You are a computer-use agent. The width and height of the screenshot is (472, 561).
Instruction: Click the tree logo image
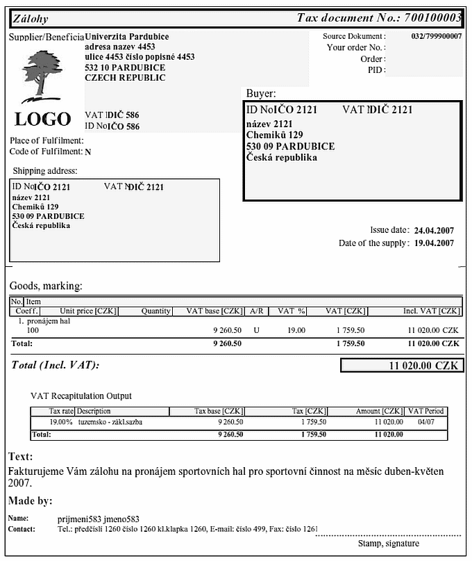pyautogui.click(x=42, y=76)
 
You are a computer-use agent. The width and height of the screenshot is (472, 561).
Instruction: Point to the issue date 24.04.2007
pyautogui.click(x=434, y=230)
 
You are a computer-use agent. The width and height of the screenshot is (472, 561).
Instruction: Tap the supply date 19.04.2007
pyautogui.click(x=434, y=243)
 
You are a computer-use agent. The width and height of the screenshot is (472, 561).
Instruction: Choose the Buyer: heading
pyautogui.click(x=261, y=93)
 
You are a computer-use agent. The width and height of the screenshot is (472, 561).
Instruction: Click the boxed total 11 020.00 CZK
pyautogui.click(x=402, y=365)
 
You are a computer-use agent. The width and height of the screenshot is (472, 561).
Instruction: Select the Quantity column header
pyautogui.click(x=155, y=311)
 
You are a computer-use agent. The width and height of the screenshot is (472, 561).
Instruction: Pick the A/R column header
pyautogui.click(x=256, y=311)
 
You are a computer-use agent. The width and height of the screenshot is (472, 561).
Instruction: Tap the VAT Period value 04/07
pyautogui.click(x=426, y=422)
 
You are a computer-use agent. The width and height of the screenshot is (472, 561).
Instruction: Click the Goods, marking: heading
pyautogui.click(x=46, y=286)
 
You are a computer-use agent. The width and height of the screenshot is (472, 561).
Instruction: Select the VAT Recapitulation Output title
pyautogui.click(x=81, y=396)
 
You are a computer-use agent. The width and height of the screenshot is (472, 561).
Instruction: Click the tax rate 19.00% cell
pyautogui.click(x=61, y=422)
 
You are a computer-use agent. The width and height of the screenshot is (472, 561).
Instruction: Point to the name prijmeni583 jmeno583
pyautogui.click(x=99, y=519)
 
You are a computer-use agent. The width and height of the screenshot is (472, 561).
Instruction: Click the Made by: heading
pyautogui.click(x=31, y=501)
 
